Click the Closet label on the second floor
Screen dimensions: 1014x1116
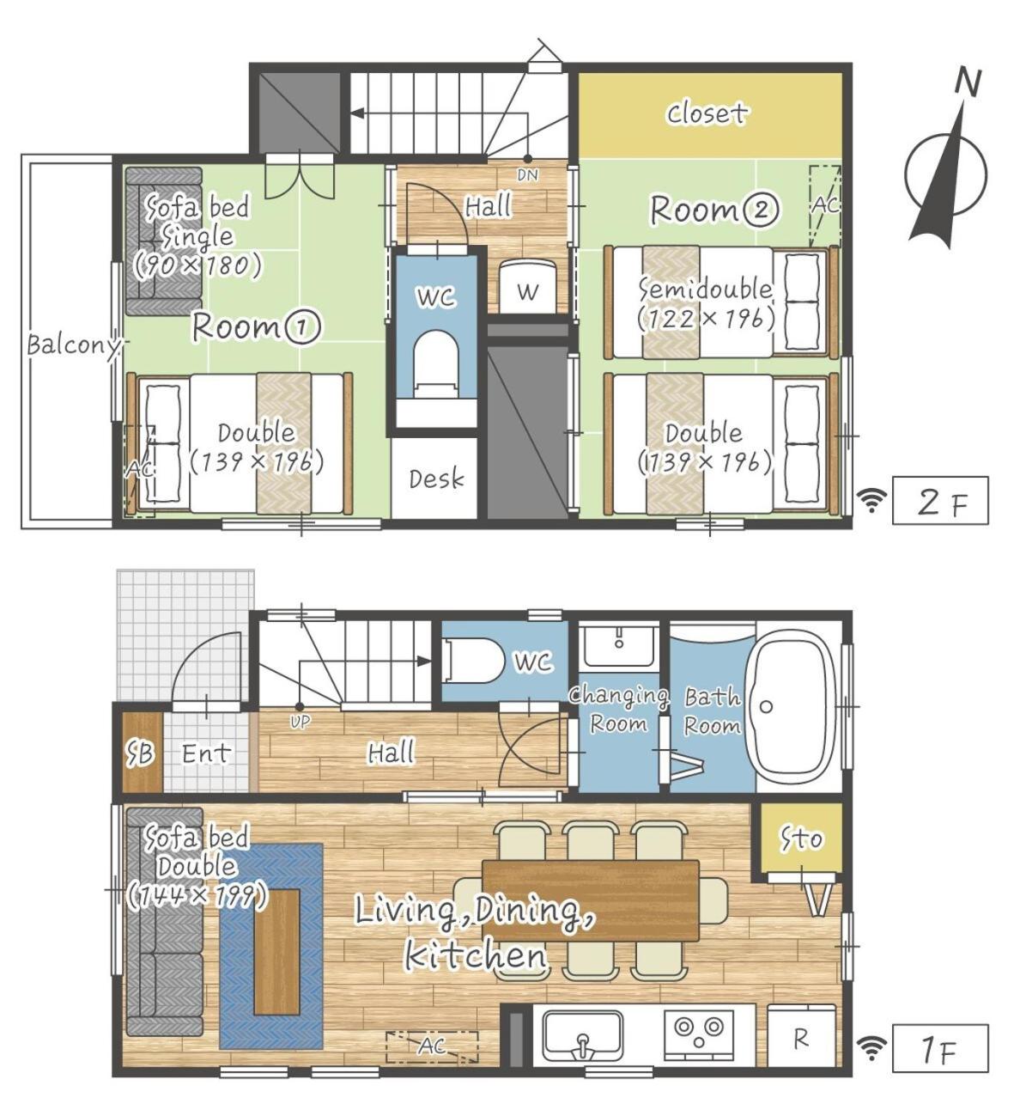tap(707, 113)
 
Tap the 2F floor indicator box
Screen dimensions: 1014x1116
tap(940, 500)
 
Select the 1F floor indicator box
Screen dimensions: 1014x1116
tap(940, 1048)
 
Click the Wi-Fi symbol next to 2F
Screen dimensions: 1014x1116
tap(871, 500)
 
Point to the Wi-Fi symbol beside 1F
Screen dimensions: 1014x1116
tap(871, 1048)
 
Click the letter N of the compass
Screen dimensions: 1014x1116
tap(968, 82)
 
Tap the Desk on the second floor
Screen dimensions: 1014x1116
tap(434, 479)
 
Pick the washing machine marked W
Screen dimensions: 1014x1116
tap(527, 286)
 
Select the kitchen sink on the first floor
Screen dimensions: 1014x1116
tap(582, 1035)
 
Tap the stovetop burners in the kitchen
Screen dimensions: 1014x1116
tap(699, 1030)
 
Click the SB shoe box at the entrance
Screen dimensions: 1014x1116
tap(142, 753)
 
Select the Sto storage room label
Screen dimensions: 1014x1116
tap(802, 839)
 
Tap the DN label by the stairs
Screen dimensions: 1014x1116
tap(527, 175)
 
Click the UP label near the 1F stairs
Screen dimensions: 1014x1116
tap(300, 723)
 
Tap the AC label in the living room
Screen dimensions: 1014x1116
tap(432, 1046)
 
